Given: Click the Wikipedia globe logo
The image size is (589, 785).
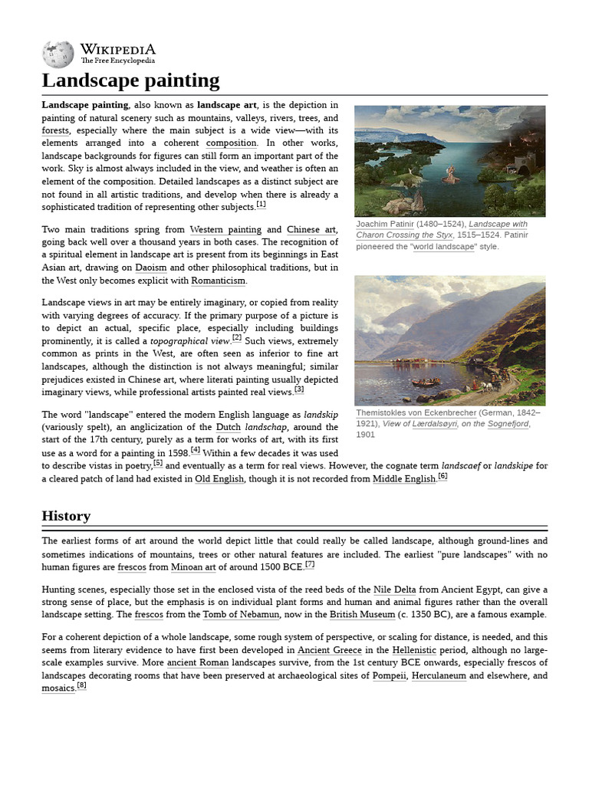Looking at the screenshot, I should coord(58,54).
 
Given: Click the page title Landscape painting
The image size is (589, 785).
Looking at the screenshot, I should coord(130,80).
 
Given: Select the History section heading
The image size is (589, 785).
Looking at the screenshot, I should coord(66,516).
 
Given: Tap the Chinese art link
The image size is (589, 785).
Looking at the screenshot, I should coord(311,229).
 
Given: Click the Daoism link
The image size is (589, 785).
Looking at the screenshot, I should coord(151,268).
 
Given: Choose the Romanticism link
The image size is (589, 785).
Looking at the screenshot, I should coord(219,281).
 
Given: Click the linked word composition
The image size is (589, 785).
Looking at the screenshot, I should coord(232,143).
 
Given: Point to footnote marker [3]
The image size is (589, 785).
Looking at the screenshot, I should coord(299,389).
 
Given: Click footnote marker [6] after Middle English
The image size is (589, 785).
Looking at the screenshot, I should coord(443,476).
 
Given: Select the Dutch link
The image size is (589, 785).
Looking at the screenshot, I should coord(228,427).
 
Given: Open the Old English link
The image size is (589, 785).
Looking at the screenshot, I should coord(219,479).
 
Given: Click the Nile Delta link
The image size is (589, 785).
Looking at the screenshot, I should coord(393,590).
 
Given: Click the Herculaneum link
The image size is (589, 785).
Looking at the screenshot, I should coord(439,676).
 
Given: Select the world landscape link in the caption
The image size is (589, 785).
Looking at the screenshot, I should coord(444,247).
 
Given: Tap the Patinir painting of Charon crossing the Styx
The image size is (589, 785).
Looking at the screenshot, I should coord(449,161).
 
